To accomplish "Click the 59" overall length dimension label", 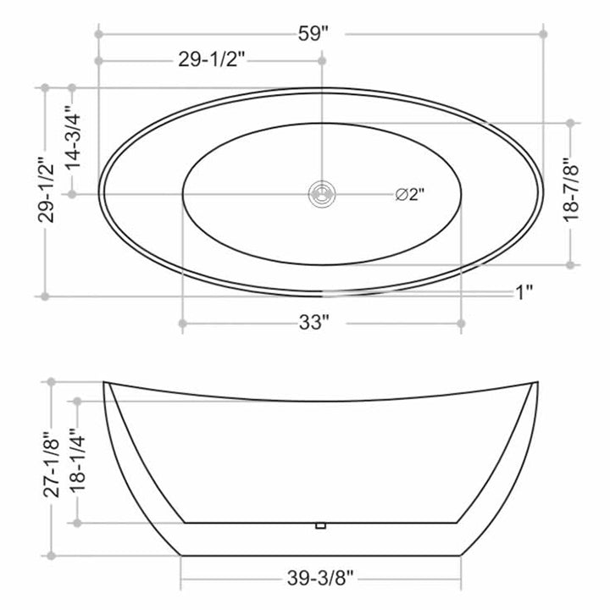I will coord(313,34).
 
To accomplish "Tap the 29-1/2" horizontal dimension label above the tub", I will coord(212,60).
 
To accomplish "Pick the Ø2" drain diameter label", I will coord(410,194).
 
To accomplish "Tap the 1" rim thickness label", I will coord(524,293).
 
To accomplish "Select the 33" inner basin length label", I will coord(313,323).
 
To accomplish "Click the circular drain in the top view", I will coord(321,194).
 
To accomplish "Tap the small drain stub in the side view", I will coord(320,526).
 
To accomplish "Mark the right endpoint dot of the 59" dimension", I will coord(543,34).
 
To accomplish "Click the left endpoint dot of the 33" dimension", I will coord(181,323).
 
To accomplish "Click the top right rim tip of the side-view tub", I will coord(536,383).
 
